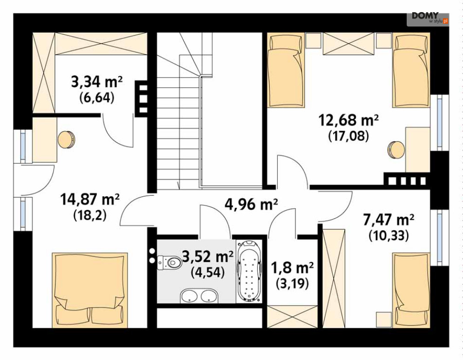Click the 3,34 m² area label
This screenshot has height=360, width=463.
97,82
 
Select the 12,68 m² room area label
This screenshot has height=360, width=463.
349,120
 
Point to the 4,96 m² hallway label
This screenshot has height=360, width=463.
251,204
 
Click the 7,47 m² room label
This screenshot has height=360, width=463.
388,220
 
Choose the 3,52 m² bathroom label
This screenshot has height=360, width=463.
208,256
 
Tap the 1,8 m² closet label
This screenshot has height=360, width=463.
292,268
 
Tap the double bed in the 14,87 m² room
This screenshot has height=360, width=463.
90,290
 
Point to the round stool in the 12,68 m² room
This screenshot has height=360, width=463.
396,150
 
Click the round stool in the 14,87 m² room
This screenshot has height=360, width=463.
67,140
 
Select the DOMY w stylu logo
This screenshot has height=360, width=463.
428,18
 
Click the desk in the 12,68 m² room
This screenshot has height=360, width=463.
417,150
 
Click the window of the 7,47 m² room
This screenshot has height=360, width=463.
440,238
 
